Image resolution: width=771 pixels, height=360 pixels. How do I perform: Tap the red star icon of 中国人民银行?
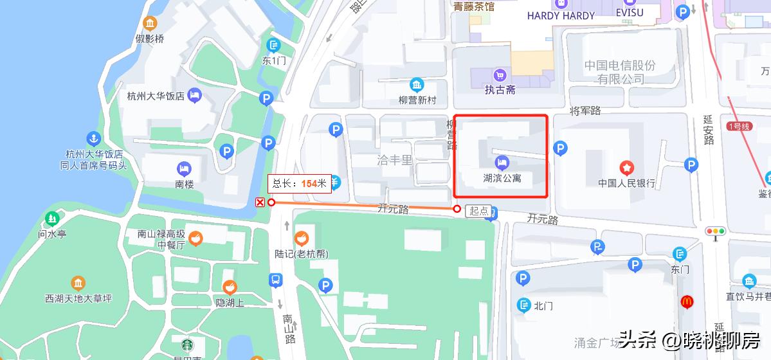(626, 168)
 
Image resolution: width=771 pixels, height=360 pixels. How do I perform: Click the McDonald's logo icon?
(687, 301)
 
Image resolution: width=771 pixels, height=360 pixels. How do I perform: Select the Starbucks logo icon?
(186, 345)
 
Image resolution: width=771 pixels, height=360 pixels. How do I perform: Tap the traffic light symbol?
(715, 231)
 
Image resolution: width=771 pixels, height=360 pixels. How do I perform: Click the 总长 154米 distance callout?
(300, 183)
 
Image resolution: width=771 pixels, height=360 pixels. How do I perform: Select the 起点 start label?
(478, 211)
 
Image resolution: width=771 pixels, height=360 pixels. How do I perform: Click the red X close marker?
(260, 203)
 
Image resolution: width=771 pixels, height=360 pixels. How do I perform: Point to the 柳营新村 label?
(417, 100)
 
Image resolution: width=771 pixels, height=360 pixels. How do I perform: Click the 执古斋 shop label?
(500, 90)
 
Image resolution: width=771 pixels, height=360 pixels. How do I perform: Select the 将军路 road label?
(585, 111)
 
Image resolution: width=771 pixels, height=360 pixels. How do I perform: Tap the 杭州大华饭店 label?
(156, 96)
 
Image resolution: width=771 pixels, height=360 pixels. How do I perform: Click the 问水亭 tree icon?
(52, 219)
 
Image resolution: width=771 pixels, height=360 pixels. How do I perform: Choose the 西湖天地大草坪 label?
(78, 298)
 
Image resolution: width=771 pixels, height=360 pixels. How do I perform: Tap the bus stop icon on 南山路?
(275, 280)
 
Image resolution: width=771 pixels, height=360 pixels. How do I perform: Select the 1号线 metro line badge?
(739, 126)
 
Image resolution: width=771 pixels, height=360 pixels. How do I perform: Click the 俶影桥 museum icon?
(150, 24)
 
